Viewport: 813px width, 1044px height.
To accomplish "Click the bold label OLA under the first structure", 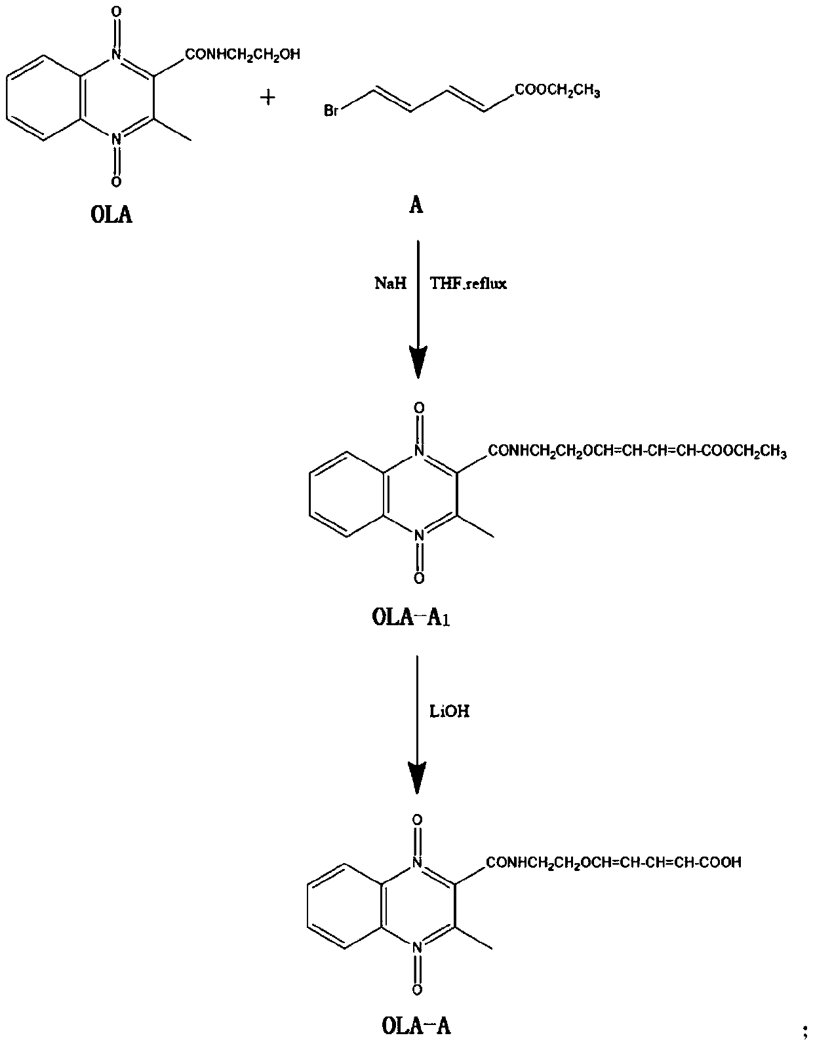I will click(x=111, y=215).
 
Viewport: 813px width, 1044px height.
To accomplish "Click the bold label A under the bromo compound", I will click(x=416, y=206).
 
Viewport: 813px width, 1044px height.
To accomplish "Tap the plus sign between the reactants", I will click(x=268, y=98).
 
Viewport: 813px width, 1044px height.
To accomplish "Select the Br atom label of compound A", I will click(x=331, y=111).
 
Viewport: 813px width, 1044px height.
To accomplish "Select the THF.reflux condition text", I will click(x=468, y=284).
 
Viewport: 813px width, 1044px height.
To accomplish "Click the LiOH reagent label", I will click(x=449, y=711).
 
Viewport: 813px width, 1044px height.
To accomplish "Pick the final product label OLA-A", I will click(x=416, y=1025).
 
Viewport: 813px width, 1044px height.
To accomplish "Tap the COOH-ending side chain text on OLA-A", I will click(x=614, y=862).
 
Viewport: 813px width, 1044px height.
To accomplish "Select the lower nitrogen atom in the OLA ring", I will click(x=116, y=139).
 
